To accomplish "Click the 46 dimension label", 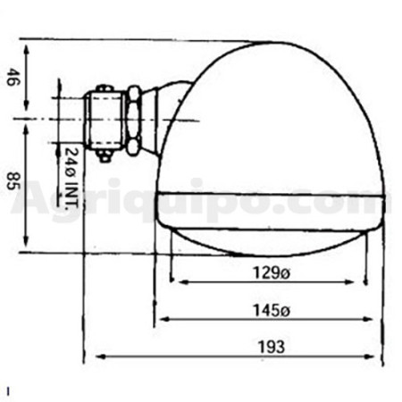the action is click(x=12, y=77).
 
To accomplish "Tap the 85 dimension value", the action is click(x=13, y=180).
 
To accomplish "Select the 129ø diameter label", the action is click(x=271, y=272).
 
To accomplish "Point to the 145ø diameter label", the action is click(x=271, y=310).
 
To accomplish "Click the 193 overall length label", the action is click(x=271, y=347).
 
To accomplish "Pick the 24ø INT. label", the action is click(x=71, y=179).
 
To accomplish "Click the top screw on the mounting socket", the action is click(x=104, y=88).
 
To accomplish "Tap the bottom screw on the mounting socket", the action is click(x=104, y=155).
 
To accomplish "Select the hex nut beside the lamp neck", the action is click(x=134, y=121).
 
